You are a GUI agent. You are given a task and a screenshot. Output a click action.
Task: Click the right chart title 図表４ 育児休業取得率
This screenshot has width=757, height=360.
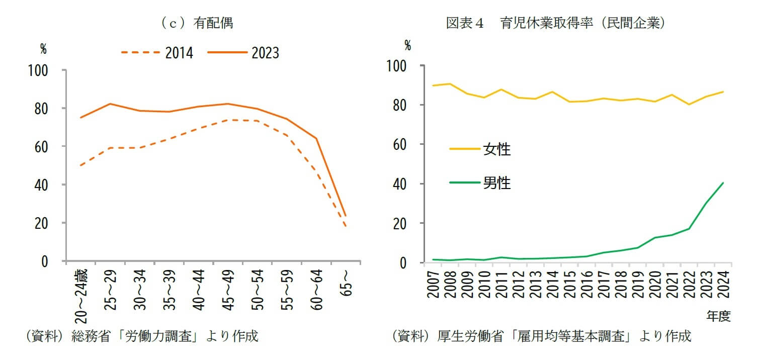pyautogui.click(x=556, y=23)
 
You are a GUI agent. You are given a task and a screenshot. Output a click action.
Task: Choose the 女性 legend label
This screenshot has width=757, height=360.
pyautogui.click(x=496, y=149)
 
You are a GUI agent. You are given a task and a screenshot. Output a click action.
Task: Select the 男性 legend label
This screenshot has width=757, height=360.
pyautogui.click(x=496, y=183)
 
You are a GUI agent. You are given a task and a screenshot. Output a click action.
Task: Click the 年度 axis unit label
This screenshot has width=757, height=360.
pyautogui.click(x=718, y=316)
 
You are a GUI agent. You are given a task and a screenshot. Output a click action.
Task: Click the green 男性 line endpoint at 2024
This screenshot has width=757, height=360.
pyautogui.click(x=723, y=183)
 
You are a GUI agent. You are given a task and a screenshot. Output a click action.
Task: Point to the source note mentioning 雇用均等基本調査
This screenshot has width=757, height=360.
pyautogui.click(x=541, y=336)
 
